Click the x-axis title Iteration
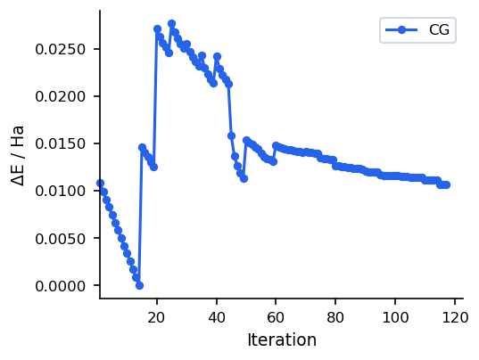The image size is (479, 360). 281,340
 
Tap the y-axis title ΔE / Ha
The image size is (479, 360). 19,155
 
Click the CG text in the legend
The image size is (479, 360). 439,30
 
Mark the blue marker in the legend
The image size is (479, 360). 401,30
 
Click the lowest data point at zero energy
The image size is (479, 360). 139,285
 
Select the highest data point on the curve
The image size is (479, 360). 171,23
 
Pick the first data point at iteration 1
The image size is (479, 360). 100,183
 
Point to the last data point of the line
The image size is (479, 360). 446,184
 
